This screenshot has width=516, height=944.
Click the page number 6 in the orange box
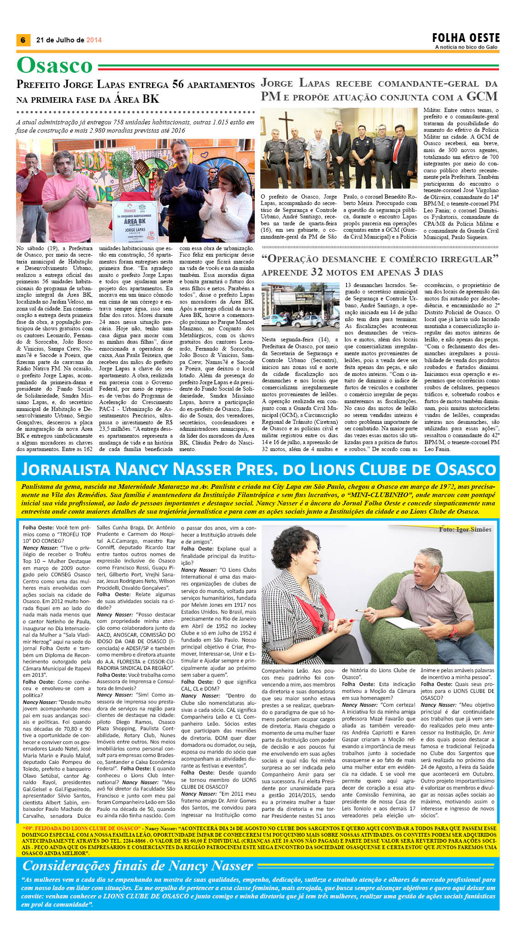[23, 40]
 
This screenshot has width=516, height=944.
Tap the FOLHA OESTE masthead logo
[466, 38]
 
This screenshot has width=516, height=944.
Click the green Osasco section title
[55, 65]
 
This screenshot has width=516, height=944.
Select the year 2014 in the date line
[94, 40]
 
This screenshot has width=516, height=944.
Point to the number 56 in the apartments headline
[178, 84]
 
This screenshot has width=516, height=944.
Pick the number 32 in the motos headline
[317, 272]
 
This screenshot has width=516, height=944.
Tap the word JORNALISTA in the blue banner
[65, 469]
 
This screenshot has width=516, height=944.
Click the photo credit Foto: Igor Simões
[465, 529]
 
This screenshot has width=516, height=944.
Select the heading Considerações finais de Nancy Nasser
[138, 866]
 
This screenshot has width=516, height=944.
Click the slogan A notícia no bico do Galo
[466, 47]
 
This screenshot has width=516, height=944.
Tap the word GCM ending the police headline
[482, 96]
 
